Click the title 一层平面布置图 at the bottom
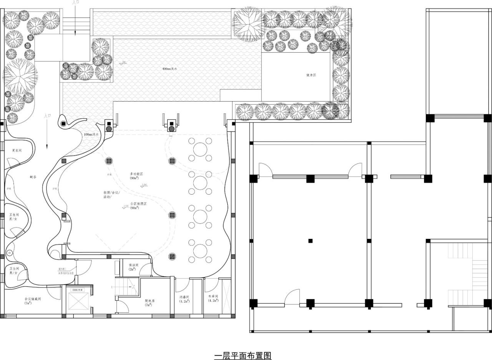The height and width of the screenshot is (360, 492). point(243,355)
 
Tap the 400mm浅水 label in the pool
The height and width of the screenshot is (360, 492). point(170,68)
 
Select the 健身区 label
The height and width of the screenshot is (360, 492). point(311,75)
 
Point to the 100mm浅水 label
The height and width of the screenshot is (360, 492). point(91,135)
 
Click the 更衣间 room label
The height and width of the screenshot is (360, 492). point(17,150)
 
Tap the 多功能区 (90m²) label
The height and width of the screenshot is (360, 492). point(136,176)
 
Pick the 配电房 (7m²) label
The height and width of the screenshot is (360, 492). point(150,303)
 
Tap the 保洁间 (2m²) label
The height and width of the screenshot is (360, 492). point(133,267)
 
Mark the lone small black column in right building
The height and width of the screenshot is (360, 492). point(310,241)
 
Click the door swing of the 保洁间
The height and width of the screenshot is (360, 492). point(145,270)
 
